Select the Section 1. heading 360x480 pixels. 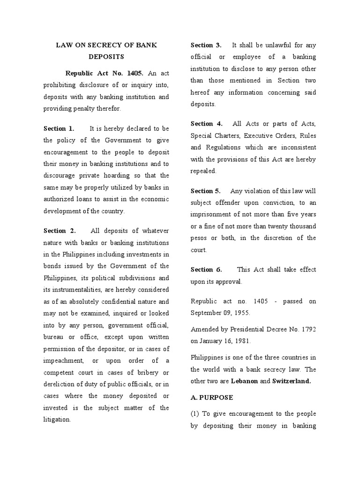click(x=59, y=128)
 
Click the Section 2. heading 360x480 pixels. click(x=59, y=231)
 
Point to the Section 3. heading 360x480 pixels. click(x=206, y=45)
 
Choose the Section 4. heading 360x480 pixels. click(x=206, y=124)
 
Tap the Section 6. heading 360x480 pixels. click(x=206, y=270)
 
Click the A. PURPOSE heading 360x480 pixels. click(x=211, y=397)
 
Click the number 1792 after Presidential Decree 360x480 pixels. click(x=307, y=330)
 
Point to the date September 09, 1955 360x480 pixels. click(x=220, y=312)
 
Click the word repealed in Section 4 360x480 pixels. click(x=203, y=171)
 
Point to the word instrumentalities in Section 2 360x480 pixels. click(x=82, y=290)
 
